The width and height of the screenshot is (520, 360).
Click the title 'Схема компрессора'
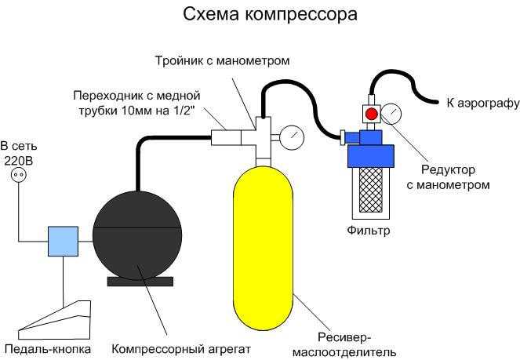pyautogui.click(x=260, y=14)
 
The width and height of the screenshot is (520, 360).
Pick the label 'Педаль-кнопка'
pyautogui.click(x=47, y=348)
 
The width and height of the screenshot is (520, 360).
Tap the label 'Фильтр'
pyautogui.click(x=368, y=231)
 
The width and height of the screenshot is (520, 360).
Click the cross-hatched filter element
pyautogui.click(x=369, y=188)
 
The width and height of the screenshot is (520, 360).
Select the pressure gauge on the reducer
pyautogui.click(x=391, y=115)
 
